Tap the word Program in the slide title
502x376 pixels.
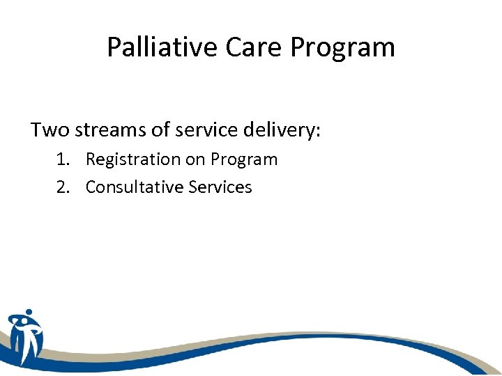tap(343, 47)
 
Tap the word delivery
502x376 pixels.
tap(278, 130)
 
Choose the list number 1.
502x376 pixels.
tap(62, 159)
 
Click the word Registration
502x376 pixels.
tap(132, 159)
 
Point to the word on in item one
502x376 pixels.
tap(195, 159)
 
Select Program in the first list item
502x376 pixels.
tap(244, 159)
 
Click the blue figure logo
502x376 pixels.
tap(26, 337)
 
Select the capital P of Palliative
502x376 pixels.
tap(114, 47)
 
